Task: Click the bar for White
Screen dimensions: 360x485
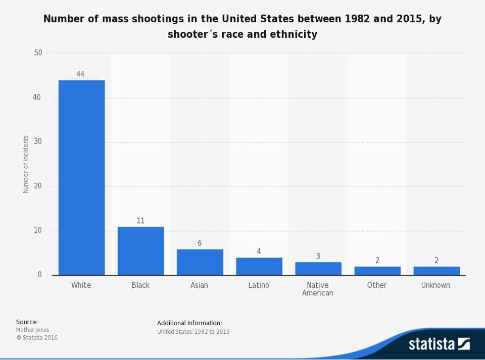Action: (81, 178)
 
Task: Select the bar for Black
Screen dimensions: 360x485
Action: (140, 251)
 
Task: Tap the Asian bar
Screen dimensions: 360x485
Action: (200, 262)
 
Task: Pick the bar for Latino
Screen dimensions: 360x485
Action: (259, 266)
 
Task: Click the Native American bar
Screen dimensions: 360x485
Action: (318, 269)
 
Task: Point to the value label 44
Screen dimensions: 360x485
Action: (80, 74)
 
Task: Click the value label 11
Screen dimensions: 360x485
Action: (140, 221)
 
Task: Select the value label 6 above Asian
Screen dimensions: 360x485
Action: (200, 243)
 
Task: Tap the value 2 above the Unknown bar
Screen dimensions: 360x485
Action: (436, 261)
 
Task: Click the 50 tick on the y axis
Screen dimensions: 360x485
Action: (38, 53)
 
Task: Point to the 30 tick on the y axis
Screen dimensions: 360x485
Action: (38, 142)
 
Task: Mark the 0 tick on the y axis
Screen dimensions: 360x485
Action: (39, 275)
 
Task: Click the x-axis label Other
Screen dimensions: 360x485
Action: (377, 285)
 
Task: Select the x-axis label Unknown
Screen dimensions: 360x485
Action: (435, 285)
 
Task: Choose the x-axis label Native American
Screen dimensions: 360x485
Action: (318, 289)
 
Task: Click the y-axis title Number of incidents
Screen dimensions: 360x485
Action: (26, 164)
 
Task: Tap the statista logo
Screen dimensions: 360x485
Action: (439, 344)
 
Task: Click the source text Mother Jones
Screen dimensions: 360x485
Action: (32, 330)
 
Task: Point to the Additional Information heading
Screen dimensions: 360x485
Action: (189, 323)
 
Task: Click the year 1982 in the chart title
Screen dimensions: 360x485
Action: (357, 19)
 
